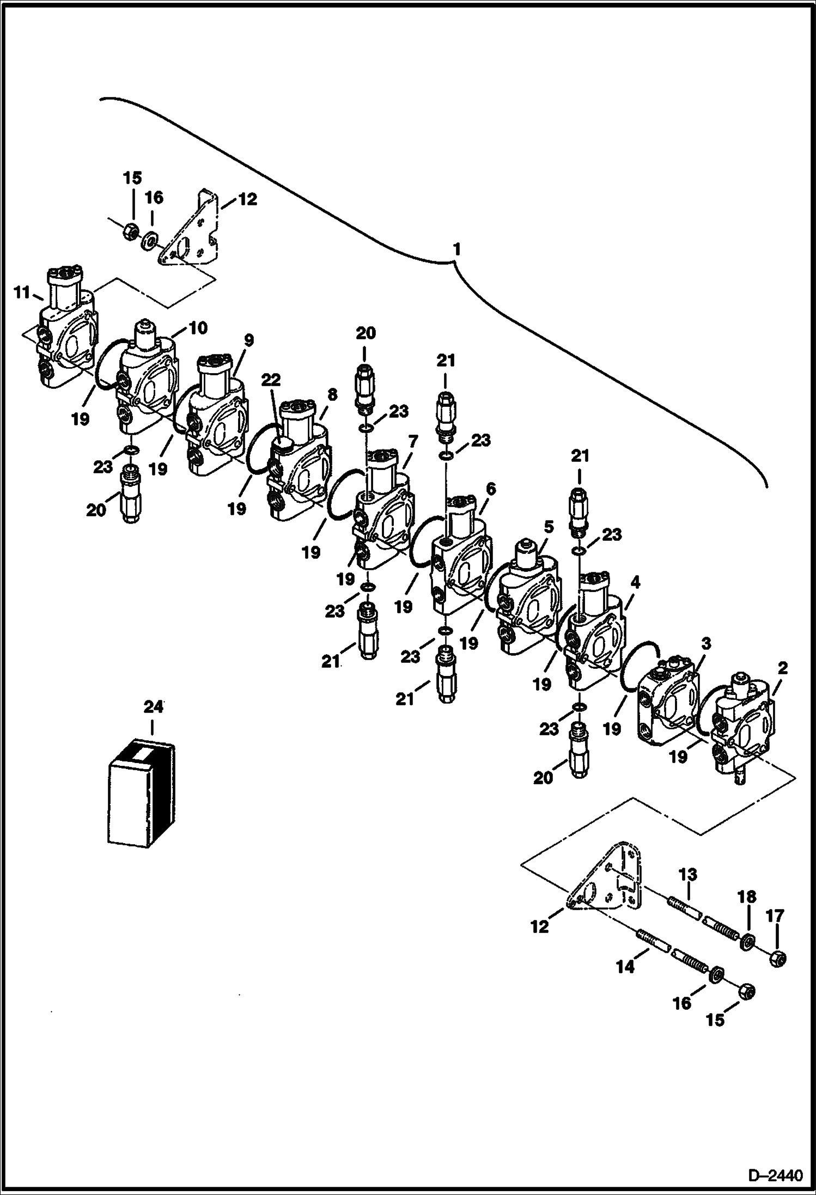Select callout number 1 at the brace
point(456,249)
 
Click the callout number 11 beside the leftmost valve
point(22,293)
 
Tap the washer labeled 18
point(747,941)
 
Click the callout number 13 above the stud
point(688,875)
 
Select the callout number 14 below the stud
point(625,967)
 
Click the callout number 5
point(549,527)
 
